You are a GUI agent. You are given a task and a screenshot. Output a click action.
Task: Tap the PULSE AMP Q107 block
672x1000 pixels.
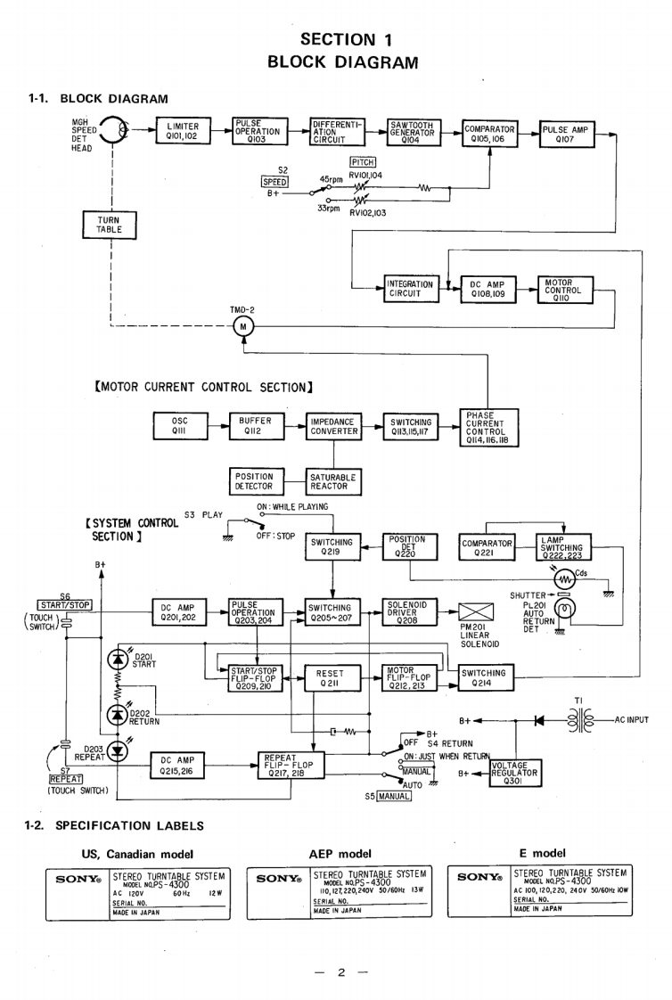tap(567, 133)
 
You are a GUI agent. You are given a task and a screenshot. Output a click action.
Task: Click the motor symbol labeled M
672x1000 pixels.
tap(243, 326)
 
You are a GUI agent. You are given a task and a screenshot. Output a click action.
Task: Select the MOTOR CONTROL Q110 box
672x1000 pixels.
tap(567, 289)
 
